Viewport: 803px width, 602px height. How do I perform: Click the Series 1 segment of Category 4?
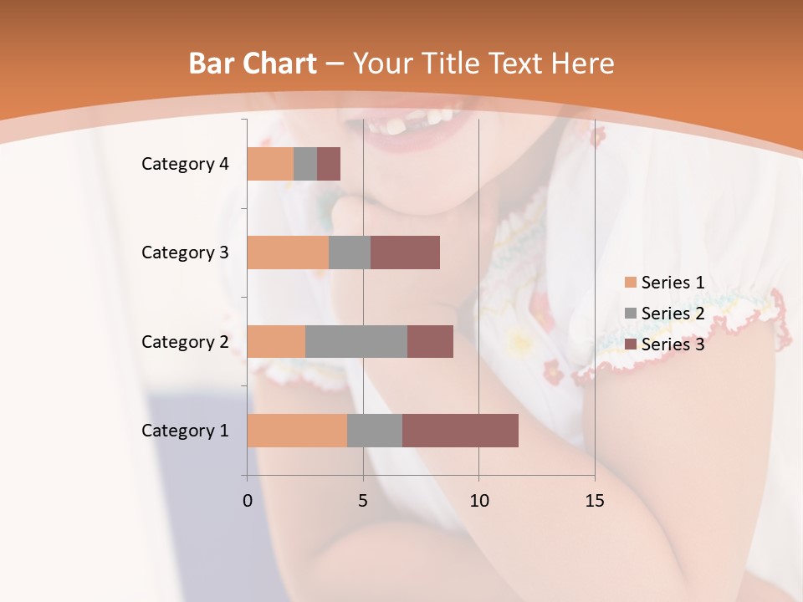270,164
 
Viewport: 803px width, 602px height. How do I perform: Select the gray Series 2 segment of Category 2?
356,341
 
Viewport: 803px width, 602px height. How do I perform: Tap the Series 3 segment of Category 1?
460,431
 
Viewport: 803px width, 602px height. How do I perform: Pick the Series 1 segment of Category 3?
288,253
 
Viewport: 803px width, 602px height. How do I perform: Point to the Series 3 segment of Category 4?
329,164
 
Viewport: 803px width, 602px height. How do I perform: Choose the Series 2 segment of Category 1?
375,431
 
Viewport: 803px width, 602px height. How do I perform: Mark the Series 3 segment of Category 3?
405,253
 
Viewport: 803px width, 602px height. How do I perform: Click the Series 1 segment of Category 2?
276,341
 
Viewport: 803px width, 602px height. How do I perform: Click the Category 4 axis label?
185,164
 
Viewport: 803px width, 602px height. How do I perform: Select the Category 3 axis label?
185,253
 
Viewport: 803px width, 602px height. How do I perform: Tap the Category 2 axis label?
185,342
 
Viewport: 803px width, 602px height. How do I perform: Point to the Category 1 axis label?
185,431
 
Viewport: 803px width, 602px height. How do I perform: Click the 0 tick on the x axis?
248,501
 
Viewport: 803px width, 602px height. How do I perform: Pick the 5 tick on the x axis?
363,501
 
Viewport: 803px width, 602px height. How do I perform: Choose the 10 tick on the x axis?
478,501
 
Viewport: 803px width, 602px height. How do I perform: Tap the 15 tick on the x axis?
594,501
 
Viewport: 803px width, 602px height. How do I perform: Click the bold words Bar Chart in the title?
253,64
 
